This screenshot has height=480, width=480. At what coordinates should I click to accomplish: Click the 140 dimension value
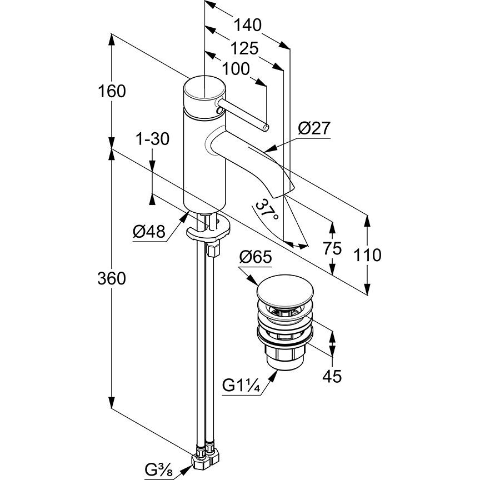point(247,25)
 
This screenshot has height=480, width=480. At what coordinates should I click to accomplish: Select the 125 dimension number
point(245,49)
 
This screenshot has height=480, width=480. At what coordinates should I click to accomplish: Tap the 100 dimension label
point(236,69)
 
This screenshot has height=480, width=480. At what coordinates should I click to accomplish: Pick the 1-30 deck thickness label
point(152,139)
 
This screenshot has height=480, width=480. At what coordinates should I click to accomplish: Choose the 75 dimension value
point(332,249)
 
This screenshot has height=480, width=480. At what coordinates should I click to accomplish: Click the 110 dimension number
point(368,255)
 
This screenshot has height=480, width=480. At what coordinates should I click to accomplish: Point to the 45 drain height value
point(332,376)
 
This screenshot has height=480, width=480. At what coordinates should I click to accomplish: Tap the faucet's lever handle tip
point(266,128)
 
